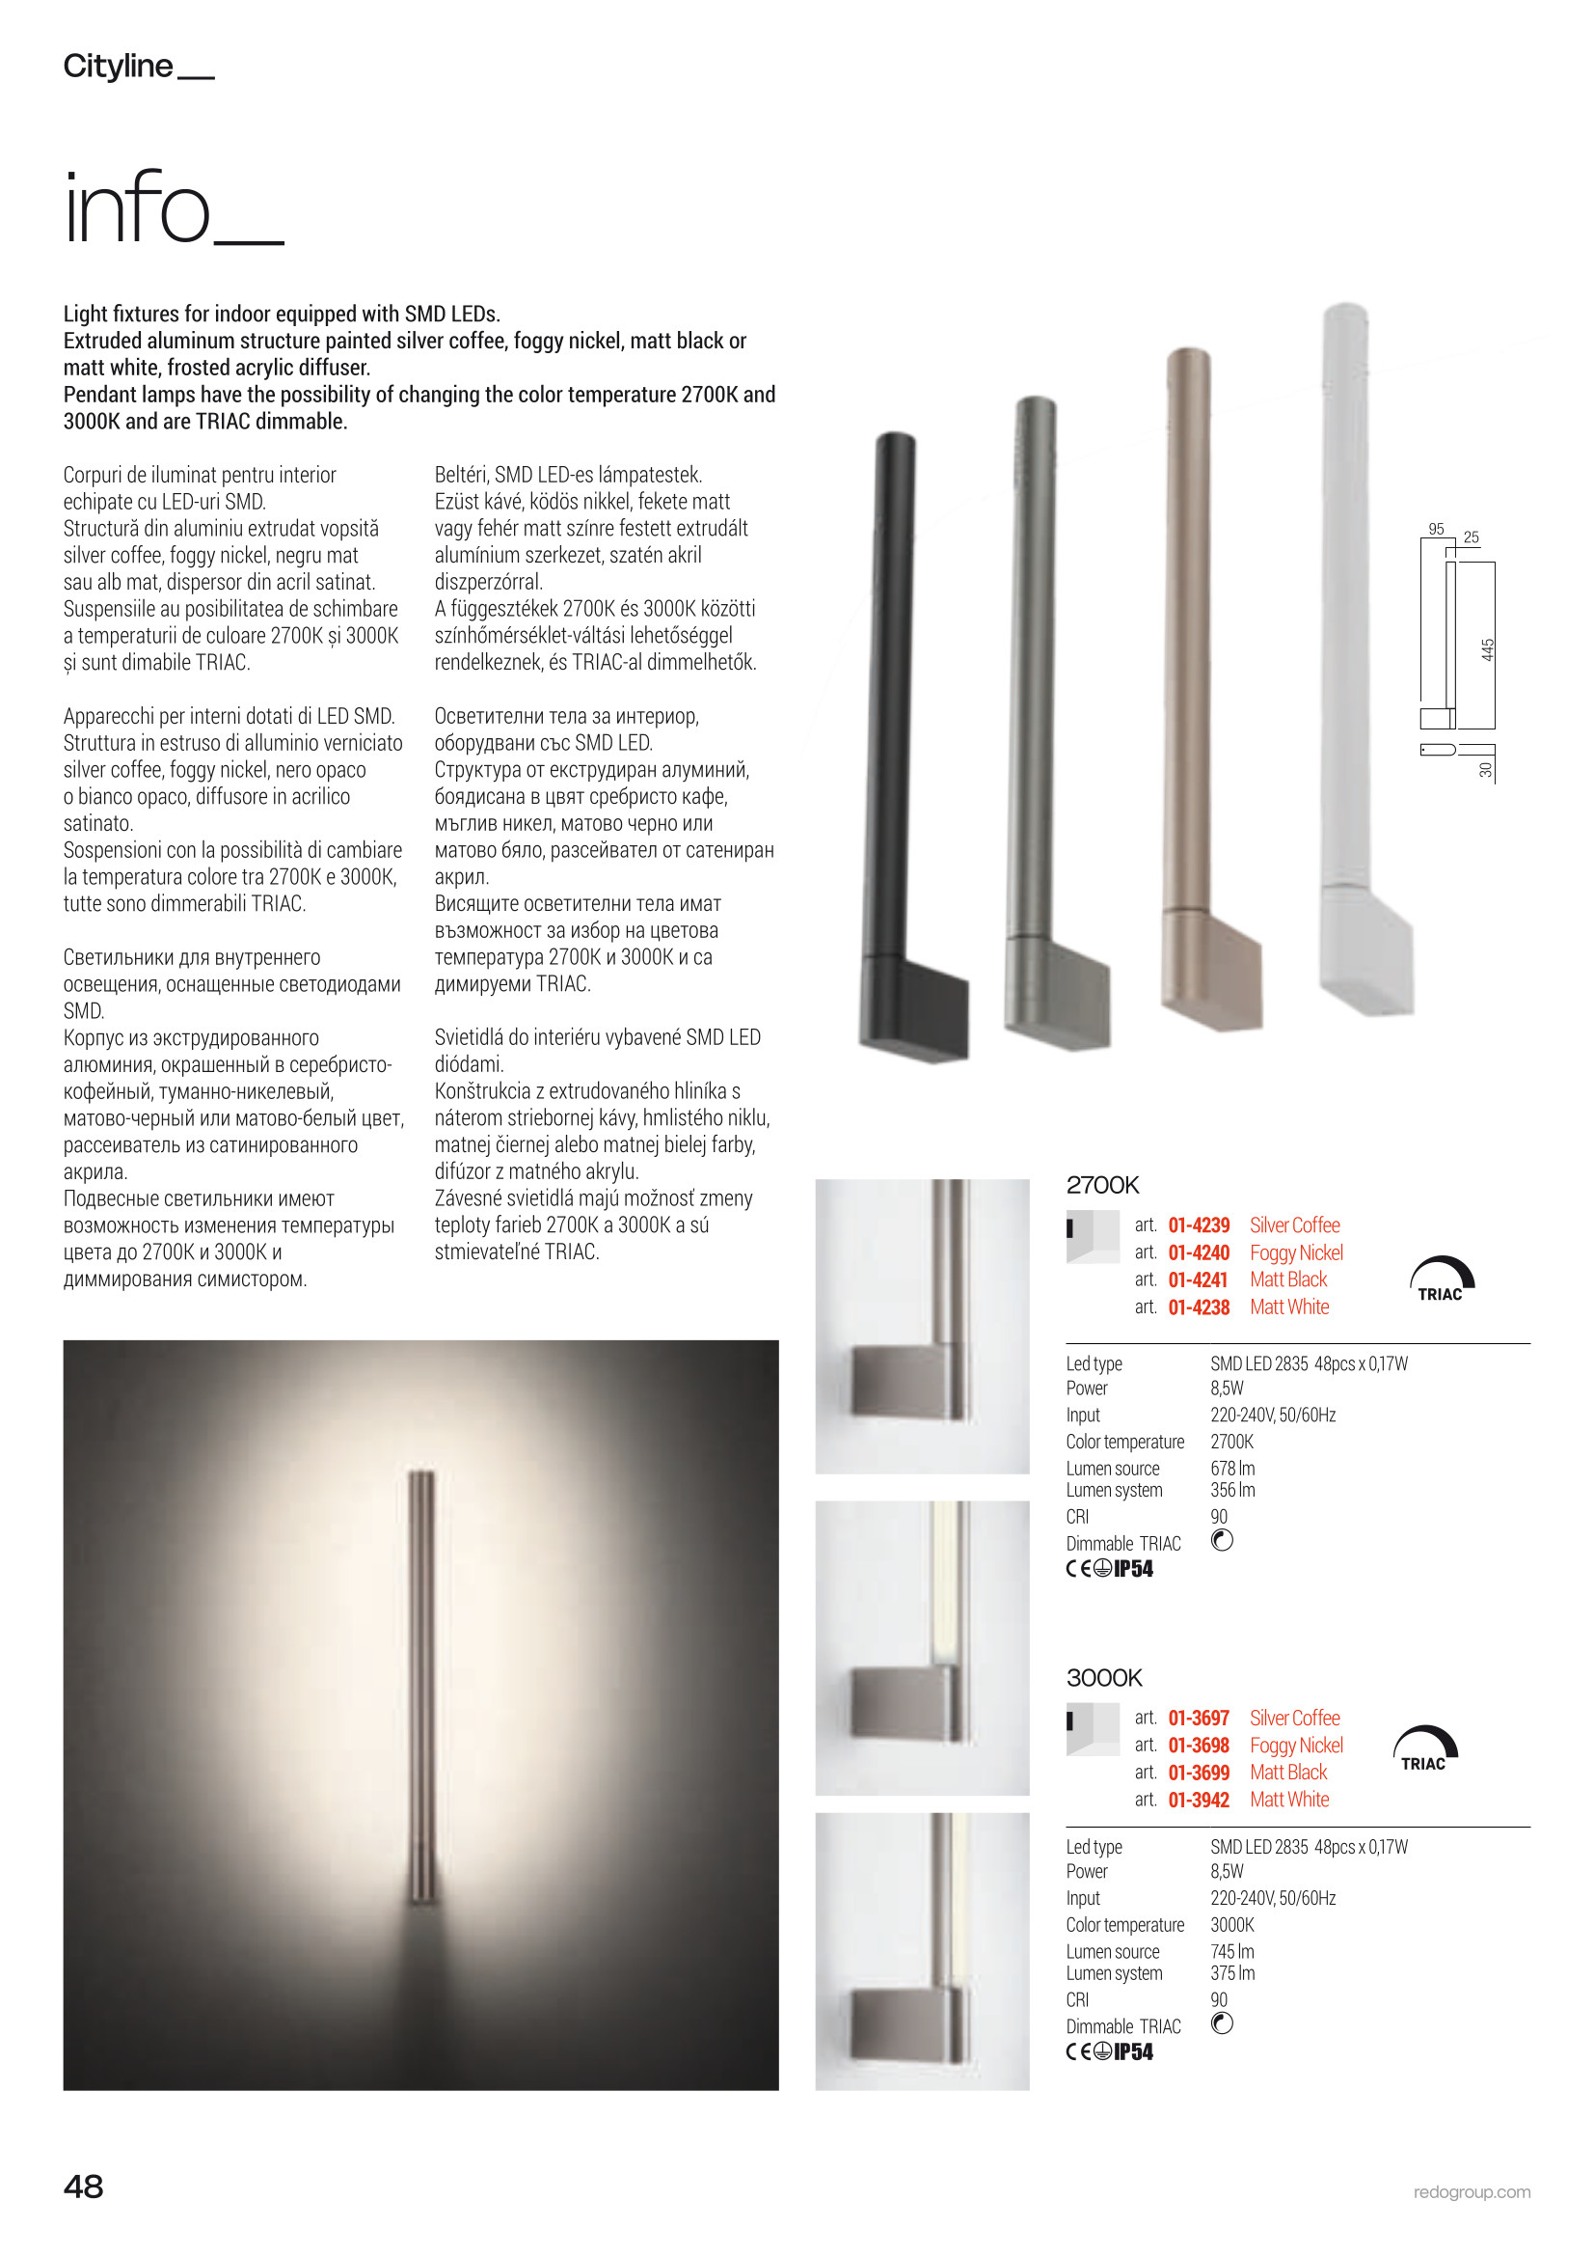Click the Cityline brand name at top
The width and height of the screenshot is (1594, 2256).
pos(119,66)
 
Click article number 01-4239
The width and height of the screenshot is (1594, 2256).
pos(1199,1225)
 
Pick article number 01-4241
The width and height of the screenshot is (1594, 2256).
pos(1199,1279)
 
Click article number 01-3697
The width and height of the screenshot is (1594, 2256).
pos(1199,1718)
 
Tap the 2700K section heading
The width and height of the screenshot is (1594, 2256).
pos(1102,1185)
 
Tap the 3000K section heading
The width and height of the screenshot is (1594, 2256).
pos(1104,1677)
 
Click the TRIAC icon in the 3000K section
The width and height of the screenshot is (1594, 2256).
pos(1424,1748)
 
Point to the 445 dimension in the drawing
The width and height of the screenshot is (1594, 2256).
pos(1487,649)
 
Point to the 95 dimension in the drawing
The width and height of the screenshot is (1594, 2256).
pos(1436,529)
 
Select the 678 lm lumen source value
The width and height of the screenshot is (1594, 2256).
pos(1232,1468)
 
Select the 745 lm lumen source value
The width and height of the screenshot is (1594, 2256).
pos(1232,1951)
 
